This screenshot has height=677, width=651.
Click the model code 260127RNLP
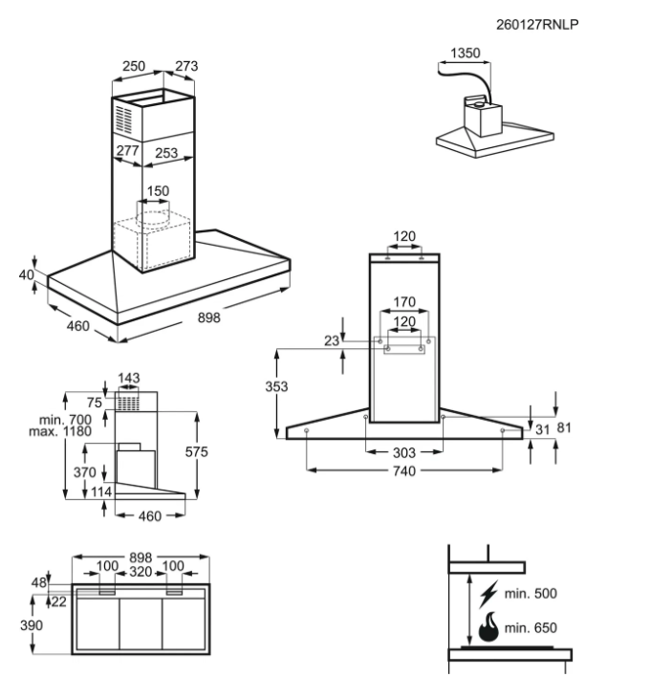[538, 24]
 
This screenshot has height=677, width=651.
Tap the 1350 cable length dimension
[464, 54]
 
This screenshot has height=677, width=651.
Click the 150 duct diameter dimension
[158, 191]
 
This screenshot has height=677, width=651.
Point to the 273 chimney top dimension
[186, 66]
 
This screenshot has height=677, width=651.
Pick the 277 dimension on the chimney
[127, 151]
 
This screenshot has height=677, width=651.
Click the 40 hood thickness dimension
[26, 275]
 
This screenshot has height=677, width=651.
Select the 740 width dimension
[404, 473]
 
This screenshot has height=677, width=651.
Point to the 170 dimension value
[404, 303]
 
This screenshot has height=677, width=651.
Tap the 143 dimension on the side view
[128, 379]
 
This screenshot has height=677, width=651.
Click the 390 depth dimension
[32, 625]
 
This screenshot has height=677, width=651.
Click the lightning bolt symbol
[490, 592]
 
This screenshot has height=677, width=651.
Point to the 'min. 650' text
[531, 628]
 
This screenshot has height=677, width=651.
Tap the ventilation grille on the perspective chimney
[125, 120]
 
